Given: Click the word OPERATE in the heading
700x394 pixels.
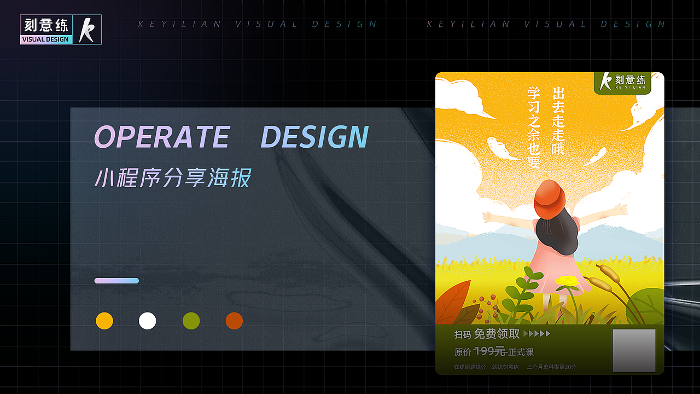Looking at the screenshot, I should coord(162,137).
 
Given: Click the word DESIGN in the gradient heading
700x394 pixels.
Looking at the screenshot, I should coord(314,137).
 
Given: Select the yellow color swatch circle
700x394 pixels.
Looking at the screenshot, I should coord(104,321).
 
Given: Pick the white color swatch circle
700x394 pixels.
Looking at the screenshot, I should coord(148,321).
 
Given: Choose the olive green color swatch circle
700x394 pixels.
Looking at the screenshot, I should coord(191,321).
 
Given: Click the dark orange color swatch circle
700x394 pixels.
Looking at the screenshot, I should coord(234,321).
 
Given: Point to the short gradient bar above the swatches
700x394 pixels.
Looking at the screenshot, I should coord(116,281).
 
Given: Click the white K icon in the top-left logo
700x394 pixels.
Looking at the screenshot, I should coord(86,30).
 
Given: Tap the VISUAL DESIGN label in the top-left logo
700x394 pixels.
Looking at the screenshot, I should coord(45,39).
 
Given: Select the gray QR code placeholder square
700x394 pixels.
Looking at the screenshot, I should coord(634,350).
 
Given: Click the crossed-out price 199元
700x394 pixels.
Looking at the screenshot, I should coord(489,351).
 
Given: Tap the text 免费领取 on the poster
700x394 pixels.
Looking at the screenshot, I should coord(497,334).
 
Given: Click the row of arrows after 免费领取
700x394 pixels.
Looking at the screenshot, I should coord(536,334).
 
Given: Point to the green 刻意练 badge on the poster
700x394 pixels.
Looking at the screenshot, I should coord(622,83).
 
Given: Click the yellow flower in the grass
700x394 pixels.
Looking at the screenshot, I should coord(567,281).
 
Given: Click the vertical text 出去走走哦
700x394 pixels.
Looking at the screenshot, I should coord(558,120).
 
